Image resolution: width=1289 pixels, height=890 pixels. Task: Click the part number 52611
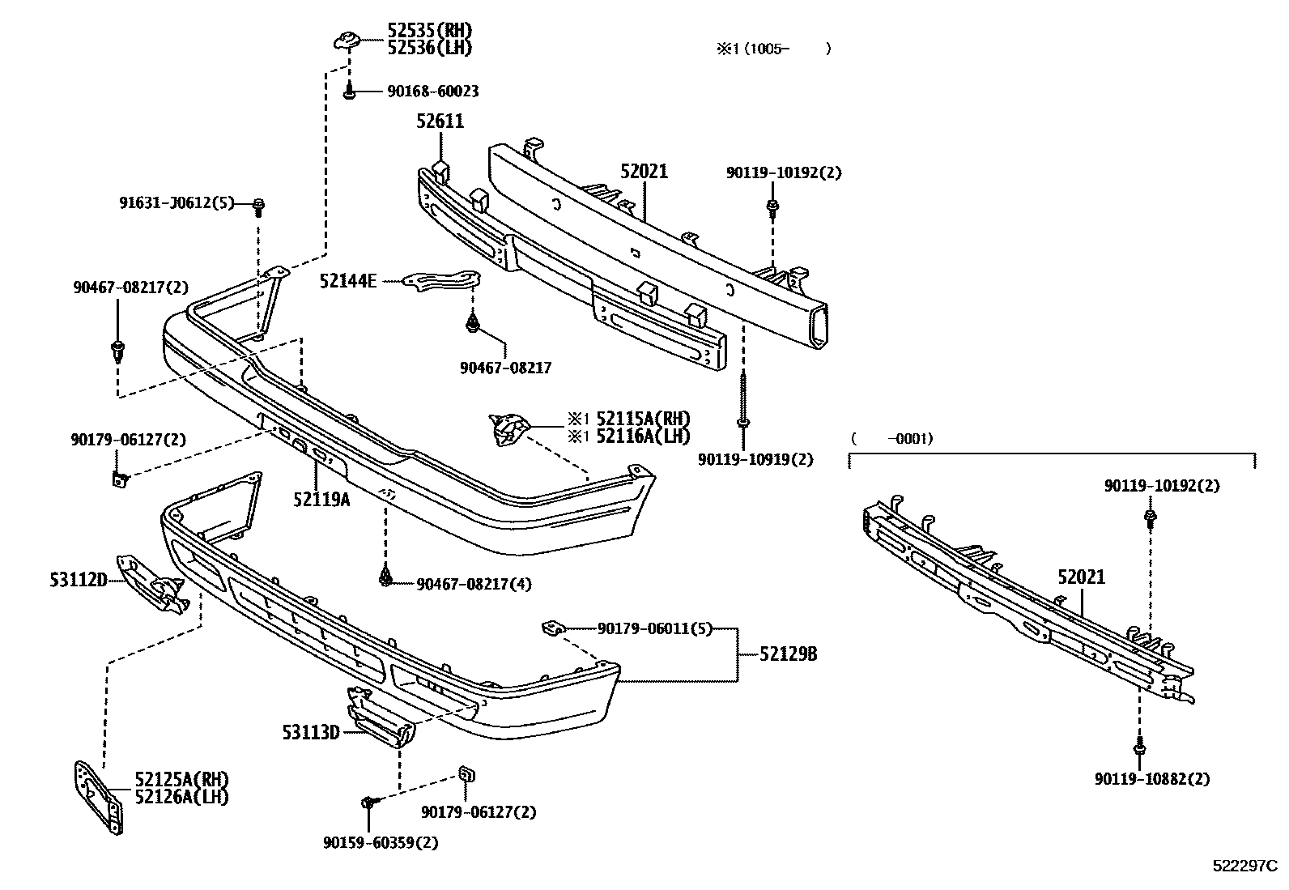440,121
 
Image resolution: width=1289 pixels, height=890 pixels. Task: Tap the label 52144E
347,281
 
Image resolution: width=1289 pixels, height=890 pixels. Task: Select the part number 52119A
321,499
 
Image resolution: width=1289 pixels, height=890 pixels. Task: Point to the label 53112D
79,580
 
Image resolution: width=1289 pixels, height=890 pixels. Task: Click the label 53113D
310,733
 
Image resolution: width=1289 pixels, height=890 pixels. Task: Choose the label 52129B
788,654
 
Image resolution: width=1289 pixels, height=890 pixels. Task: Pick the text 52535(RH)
429,31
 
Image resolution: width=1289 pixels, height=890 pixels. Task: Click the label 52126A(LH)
181,797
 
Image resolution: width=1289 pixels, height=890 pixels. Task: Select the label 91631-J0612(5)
177,203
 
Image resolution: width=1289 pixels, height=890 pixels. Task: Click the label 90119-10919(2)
755,459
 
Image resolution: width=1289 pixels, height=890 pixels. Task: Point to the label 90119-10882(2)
1152,779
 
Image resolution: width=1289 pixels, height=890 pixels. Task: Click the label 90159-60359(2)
380,842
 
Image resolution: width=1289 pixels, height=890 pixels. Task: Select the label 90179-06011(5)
654,628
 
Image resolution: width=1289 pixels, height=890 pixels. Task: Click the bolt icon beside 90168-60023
349,92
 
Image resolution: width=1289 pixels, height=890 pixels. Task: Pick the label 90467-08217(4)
474,583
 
